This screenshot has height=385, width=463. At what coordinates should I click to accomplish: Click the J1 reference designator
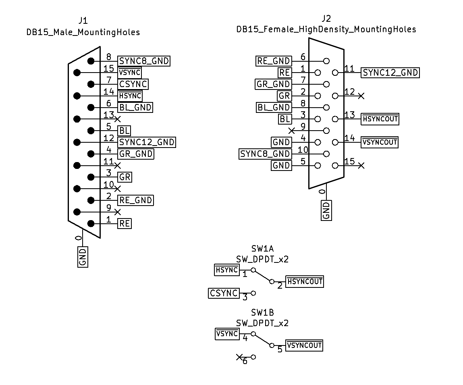click(83, 21)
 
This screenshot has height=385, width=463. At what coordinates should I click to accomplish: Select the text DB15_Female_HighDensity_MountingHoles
click(326, 29)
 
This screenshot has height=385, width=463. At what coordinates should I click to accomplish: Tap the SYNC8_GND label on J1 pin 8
click(144, 61)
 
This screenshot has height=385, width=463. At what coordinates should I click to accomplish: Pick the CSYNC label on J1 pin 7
click(133, 84)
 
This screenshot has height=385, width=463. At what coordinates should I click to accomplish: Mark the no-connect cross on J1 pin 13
click(117, 119)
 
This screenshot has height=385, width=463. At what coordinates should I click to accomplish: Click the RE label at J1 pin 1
click(125, 224)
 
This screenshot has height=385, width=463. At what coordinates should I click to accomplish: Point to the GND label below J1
click(83, 257)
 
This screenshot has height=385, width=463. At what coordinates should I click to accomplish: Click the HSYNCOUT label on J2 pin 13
click(380, 119)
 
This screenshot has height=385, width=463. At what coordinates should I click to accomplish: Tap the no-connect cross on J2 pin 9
click(292, 131)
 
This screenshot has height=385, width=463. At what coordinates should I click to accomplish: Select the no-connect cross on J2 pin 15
click(361, 165)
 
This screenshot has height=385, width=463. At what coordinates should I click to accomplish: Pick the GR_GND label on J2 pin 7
click(274, 84)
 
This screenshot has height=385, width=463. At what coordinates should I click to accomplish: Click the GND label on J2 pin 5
click(281, 165)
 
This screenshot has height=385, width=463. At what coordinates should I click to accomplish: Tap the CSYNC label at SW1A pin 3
click(224, 293)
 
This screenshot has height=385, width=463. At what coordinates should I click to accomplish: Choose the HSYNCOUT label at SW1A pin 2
click(305, 282)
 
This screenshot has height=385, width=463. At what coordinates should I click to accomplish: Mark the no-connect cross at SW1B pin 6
click(239, 357)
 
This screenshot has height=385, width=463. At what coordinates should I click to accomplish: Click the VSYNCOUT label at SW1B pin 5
click(304, 345)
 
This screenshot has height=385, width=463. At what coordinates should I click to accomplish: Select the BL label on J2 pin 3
click(285, 119)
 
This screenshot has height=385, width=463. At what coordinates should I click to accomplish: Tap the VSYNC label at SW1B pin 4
click(227, 334)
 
